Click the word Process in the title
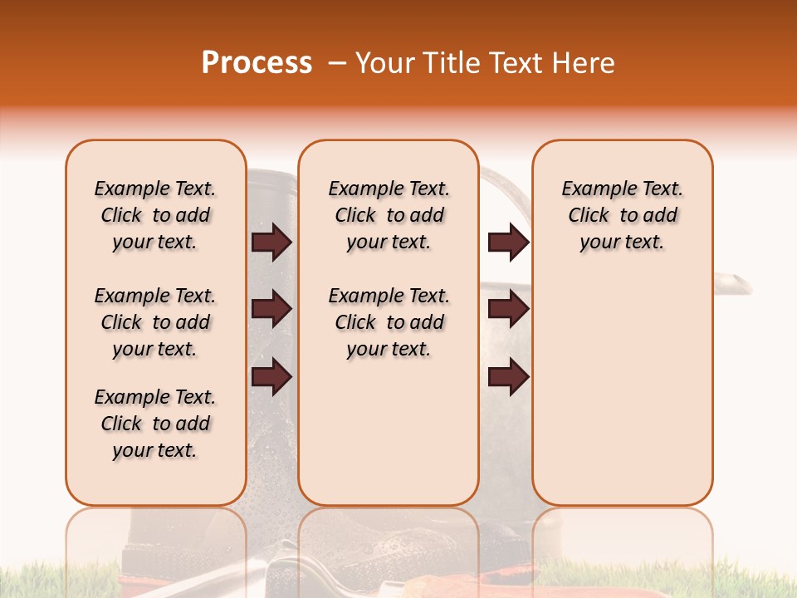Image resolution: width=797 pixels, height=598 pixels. (x=257, y=63)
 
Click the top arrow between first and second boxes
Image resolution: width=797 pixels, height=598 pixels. (x=271, y=242)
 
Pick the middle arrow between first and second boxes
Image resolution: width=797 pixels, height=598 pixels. (x=271, y=310)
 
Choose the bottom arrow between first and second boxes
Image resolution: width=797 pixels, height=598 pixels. (x=271, y=377)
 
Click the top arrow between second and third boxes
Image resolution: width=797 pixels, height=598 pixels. (x=508, y=242)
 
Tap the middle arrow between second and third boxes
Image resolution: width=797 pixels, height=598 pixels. (x=508, y=310)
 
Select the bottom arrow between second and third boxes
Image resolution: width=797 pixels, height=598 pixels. (x=508, y=377)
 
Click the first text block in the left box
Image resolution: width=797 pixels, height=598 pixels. (x=155, y=215)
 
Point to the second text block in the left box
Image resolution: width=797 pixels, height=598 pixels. (x=155, y=322)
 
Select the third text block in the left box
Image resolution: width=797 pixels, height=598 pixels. (x=155, y=424)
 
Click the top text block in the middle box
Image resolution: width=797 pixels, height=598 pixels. (x=389, y=215)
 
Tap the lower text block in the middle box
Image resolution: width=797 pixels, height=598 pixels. (x=389, y=322)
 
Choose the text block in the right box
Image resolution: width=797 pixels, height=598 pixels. (x=622, y=215)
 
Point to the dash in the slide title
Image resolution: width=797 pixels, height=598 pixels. (x=337, y=64)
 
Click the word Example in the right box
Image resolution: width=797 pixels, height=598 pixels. (x=593, y=189)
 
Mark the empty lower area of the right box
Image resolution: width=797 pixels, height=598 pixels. (x=622, y=390)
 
